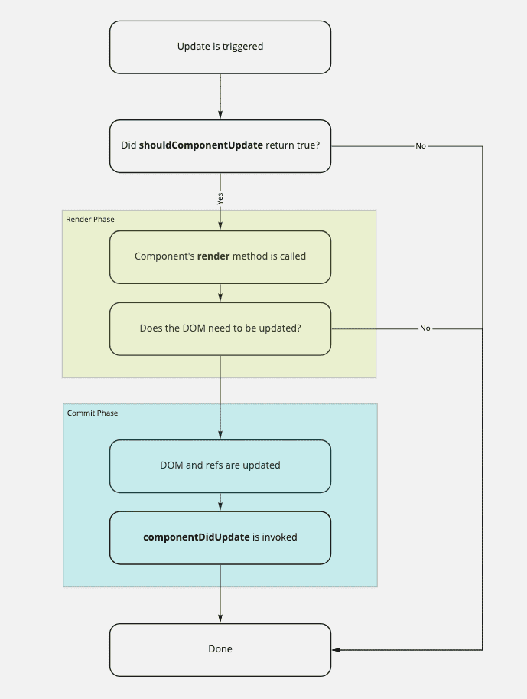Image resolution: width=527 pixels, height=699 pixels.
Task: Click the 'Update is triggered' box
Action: click(220, 47)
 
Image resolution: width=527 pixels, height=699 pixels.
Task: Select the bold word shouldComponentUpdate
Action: click(201, 145)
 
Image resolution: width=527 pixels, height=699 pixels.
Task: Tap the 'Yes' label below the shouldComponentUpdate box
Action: click(220, 198)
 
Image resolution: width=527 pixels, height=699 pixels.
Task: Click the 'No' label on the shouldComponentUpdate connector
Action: click(421, 145)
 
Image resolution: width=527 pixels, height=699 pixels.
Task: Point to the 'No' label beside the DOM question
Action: click(425, 328)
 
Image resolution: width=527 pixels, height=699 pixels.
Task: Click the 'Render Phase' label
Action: click(90, 220)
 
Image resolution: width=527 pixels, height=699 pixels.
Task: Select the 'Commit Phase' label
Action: click(93, 413)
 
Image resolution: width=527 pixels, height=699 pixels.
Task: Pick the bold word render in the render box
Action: click(213, 256)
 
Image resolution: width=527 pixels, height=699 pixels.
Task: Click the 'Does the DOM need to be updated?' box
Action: click(220, 328)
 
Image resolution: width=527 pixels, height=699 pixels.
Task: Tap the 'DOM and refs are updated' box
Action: click(220, 465)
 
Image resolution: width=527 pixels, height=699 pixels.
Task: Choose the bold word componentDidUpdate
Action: click(197, 537)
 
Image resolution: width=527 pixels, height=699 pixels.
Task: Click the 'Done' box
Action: click(220, 649)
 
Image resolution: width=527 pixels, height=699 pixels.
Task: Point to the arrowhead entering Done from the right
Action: click(337, 649)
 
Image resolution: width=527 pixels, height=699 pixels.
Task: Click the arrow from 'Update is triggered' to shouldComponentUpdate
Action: click(220, 96)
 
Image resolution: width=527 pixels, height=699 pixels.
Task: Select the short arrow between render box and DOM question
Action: click(220, 293)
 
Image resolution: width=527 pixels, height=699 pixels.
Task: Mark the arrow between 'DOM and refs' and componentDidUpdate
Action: click(220, 502)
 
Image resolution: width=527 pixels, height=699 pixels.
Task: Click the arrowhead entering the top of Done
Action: click(220, 619)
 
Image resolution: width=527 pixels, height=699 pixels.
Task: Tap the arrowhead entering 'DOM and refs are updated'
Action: click(220, 435)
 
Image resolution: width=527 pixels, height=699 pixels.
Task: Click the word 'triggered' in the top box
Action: click(242, 47)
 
